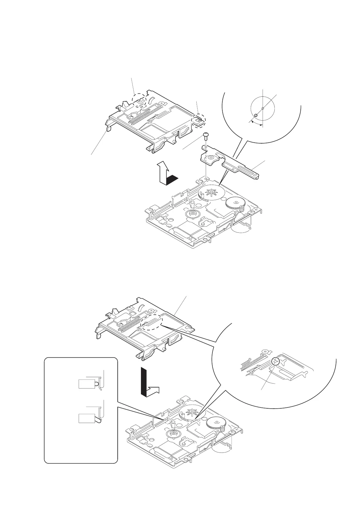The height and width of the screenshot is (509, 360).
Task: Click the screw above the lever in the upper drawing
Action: (206, 135)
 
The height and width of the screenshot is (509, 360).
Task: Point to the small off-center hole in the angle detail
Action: (256, 115)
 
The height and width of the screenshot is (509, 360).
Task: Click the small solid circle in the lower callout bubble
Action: (275, 361)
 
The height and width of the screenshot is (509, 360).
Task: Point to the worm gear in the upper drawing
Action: (241, 209)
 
